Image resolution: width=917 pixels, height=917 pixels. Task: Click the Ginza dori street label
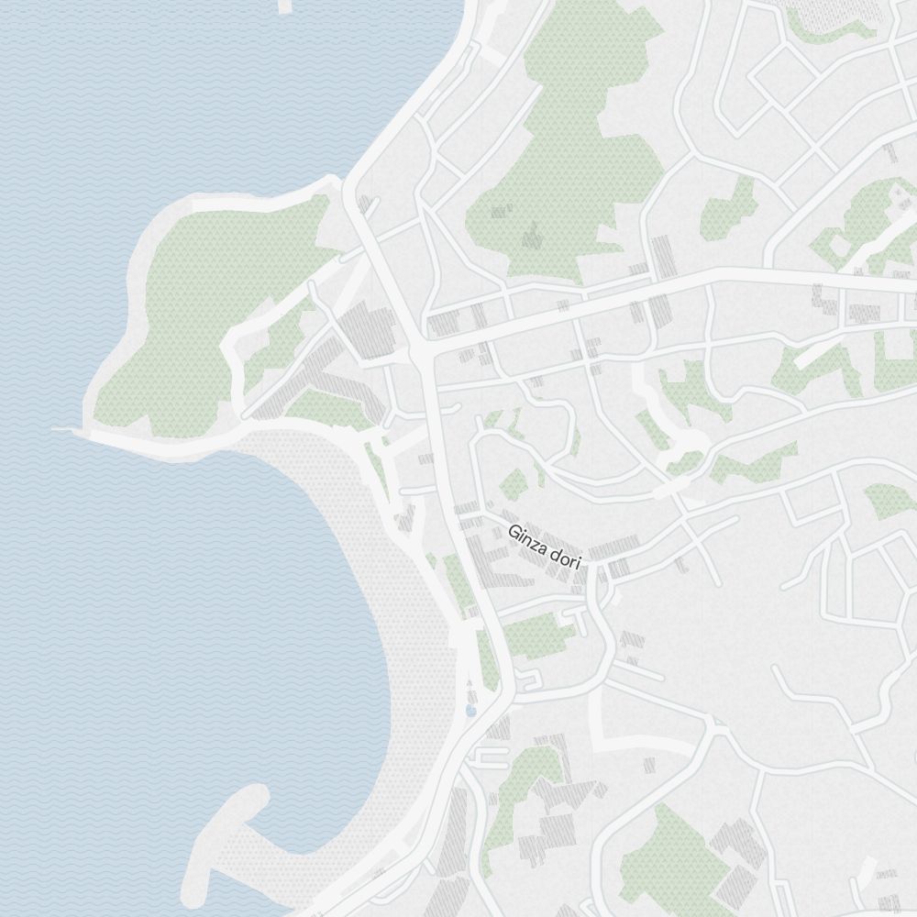[x=545, y=546]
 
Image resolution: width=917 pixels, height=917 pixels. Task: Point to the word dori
[x=565, y=558]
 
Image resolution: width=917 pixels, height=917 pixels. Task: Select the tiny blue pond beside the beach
[x=471, y=709]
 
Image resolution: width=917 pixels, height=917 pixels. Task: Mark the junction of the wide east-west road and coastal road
[x=420, y=351]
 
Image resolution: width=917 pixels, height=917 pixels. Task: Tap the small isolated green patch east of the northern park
[x=729, y=211]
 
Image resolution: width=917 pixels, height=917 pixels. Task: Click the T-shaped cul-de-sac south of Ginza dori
[x=578, y=624]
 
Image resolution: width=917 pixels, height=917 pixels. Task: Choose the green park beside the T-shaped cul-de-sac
[x=532, y=635]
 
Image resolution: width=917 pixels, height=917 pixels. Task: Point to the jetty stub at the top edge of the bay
[x=284, y=6]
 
